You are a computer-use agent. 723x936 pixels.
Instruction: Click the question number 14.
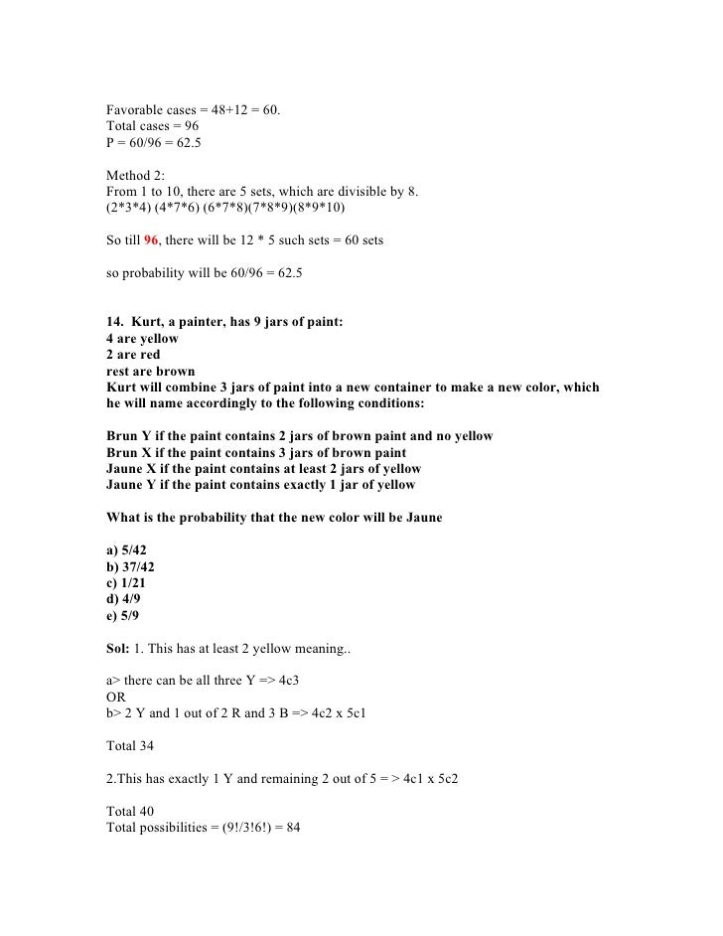pyautogui.click(x=113, y=322)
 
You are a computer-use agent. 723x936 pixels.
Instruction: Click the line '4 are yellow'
pyautogui.click(x=142, y=339)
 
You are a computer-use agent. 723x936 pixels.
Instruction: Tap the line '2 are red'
pyautogui.click(x=132, y=355)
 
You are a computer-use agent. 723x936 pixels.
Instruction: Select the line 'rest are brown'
pyautogui.click(x=150, y=372)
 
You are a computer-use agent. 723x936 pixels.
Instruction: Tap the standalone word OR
pyautogui.click(x=115, y=696)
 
